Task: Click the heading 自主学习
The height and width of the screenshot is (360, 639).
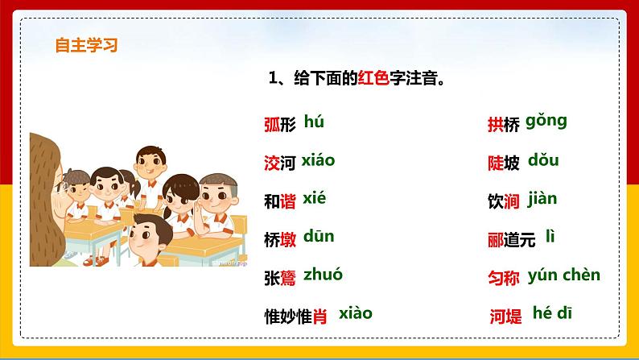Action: click(86, 45)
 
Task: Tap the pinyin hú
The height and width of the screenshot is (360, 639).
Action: click(314, 122)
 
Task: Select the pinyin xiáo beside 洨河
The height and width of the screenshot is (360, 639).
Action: click(318, 160)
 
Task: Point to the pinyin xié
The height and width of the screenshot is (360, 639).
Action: click(315, 198)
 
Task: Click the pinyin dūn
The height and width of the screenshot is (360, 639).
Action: click(319, 237)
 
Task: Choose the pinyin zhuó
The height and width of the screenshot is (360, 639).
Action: click(323, 275)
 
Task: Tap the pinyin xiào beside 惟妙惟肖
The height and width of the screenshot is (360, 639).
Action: click(356, 313)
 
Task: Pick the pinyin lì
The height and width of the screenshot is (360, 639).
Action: click(550, 237)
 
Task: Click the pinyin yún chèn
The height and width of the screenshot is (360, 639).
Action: click(564, 275)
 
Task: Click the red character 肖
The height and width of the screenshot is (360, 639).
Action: click(319, 317)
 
